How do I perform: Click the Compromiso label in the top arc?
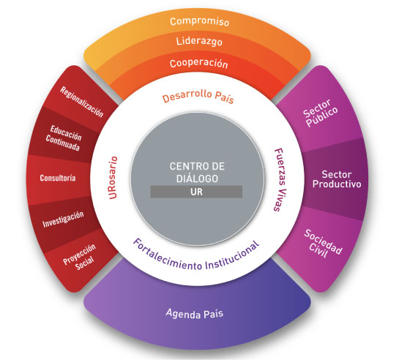199,22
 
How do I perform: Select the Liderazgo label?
199,41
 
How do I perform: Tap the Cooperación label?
198,64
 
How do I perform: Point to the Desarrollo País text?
198,97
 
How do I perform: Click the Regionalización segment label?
82,102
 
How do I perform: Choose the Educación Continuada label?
64,138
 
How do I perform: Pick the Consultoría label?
58,178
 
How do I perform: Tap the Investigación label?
63,220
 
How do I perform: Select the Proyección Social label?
81,257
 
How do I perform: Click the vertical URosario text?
113,178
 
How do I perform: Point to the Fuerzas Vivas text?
280,180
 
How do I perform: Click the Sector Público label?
321,113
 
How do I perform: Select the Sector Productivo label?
337,179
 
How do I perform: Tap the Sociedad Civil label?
323,244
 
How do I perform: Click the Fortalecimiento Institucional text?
196,255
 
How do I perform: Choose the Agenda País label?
195,313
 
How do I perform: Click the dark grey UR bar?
196,192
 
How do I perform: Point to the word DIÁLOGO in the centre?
197,179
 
